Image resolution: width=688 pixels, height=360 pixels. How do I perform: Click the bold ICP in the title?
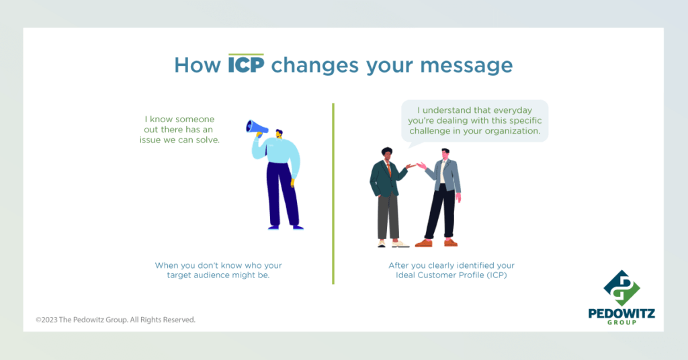(x=246, y=65)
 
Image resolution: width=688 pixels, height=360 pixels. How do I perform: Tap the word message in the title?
(x=466, y=66)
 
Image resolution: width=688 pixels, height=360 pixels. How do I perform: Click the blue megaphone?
(x=257, y=127)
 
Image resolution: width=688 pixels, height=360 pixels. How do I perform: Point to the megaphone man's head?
(x=279, y=133)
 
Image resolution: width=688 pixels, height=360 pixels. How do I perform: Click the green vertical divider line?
(x=333, y=193)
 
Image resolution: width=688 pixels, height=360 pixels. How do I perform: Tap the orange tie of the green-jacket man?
(x=389, y=169)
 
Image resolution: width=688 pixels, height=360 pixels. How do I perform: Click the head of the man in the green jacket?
(x=386, y=154)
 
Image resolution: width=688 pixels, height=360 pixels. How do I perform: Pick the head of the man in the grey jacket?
(x=445, y=154)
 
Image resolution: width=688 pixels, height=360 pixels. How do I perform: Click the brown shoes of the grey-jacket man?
(x=436, y=242)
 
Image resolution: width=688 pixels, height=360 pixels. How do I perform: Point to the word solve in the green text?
(x=208, y=140)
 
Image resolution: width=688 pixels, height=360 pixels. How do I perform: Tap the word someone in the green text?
(x=193, y=120)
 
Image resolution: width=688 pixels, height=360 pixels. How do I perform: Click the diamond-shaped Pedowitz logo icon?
(x=621, y=287)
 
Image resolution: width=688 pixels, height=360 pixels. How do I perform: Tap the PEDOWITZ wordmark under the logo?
(x=621, y=313)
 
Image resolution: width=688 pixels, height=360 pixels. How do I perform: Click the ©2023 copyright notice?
(x=116, y=320)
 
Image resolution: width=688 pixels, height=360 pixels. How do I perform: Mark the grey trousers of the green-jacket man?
(x=388, y=216)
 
